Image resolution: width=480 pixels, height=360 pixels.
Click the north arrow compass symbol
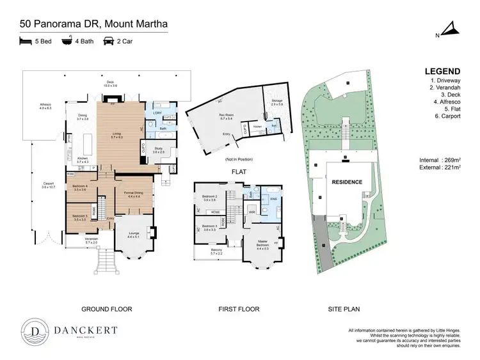449,30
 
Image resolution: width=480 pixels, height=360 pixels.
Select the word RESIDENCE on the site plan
346,182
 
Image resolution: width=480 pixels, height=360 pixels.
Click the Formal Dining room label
134,194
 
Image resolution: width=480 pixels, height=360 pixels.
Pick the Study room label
159,150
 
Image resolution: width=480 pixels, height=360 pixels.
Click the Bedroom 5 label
80,217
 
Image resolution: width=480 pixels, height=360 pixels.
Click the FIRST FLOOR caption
240,309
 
